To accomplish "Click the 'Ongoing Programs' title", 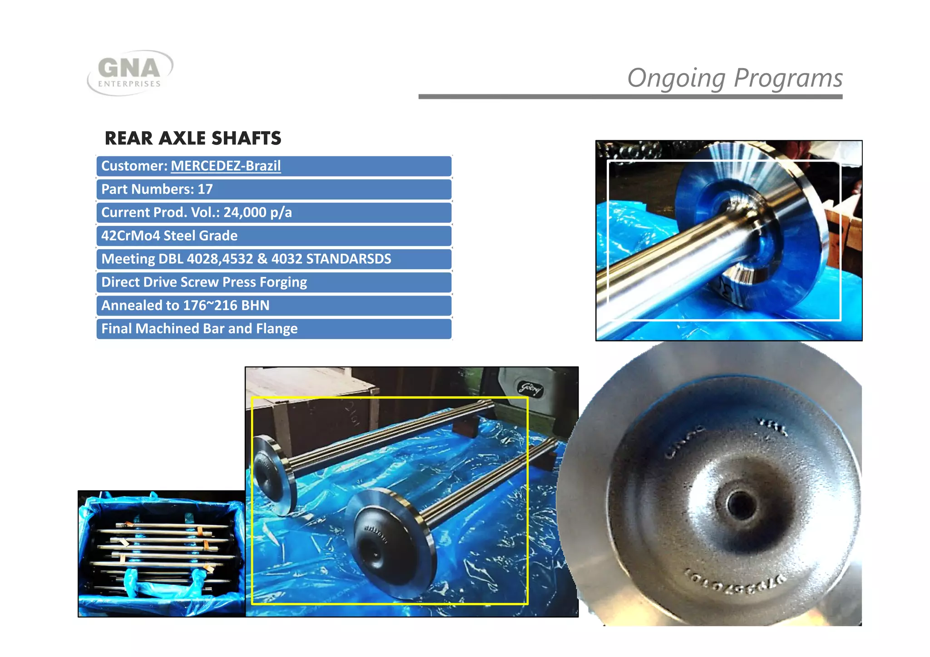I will pos(734,78).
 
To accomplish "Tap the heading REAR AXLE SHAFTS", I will pos(193,138).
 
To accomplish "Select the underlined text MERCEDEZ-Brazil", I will pos(226,166).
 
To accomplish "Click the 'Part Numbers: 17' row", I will pos(274,189).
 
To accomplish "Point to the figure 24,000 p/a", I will pos(257,212).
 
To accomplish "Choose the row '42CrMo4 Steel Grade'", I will pos(274,236).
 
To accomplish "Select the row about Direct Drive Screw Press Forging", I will pos(274,282).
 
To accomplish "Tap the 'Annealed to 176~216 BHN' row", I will pos(274,306).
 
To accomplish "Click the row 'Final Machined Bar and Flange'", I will pos(274,329).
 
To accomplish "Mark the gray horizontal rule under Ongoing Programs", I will pos(630,97).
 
